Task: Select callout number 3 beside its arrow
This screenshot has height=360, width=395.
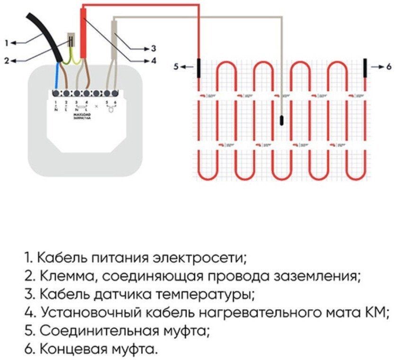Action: click(x=153, y=48)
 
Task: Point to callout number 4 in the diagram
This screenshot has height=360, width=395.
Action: click(x=153, y=61)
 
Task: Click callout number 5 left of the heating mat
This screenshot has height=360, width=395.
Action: click(x=176, y=67)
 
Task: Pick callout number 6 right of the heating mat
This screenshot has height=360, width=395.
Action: click(x=388, y=67)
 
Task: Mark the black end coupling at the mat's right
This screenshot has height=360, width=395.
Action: click(x=366, y=66)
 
